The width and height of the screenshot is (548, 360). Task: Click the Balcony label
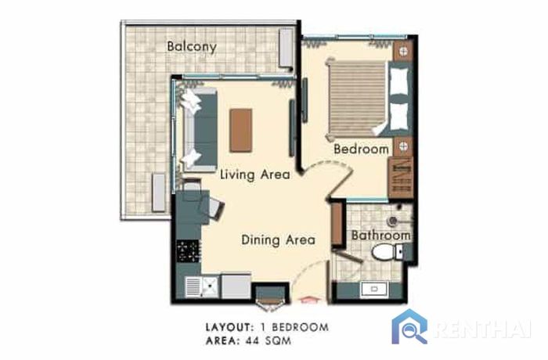pyautogui.click(x=192, y=46)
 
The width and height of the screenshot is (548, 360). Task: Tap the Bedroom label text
pyautogui.click(x=361, y=149)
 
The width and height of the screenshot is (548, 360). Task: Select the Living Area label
pyautogui.click(x=254, y=175)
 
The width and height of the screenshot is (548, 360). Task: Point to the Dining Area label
pyautogui.click(x=278, y=240)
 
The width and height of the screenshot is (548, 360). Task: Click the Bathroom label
pyautogui.click(x=381, y=236)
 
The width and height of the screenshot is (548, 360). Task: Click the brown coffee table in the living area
pyautogui.click(x=241, y=131)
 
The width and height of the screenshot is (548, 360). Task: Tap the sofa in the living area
pyautogui.click(x=199, y=130)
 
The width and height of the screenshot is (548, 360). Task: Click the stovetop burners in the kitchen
pyautogui.click(x=189, y=251)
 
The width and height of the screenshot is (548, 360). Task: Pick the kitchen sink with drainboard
pyautogui.click(x=202, y=287)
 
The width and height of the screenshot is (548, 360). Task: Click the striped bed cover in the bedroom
pyautogui.click(x=357, y=98)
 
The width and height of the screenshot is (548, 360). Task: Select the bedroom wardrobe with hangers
pyautogui.click(x=401, y=178)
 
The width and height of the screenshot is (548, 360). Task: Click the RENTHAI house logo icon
pyautogui.click(x=409, y=326)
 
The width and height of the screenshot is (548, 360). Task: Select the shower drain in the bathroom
pyautogui.click(x=392, y=221)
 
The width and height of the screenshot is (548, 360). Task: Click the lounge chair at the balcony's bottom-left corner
pyautogui.click(x=158, y=193)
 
